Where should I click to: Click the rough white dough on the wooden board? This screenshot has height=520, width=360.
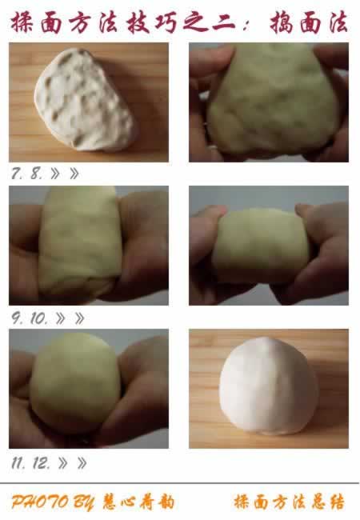pos(85,99)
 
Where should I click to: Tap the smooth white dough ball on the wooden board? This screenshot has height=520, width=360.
pos(269,386)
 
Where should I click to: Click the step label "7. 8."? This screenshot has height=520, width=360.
pos(27,173)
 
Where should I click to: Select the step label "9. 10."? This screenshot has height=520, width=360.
pos(30,318)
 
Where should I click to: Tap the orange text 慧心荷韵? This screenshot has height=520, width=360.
pos(138,502)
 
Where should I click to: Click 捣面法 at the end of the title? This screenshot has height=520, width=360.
pos(309,22)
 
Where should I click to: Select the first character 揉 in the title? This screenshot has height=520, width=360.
pos(22,22)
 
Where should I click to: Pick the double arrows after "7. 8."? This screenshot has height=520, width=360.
pos(65,174)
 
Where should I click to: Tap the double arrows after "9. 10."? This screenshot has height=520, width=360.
pos(70,318)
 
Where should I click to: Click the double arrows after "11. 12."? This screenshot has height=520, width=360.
pos(73,463)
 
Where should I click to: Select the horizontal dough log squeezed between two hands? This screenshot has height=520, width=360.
pos(262,246)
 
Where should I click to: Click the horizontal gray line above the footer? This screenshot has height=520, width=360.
pos(180,483)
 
